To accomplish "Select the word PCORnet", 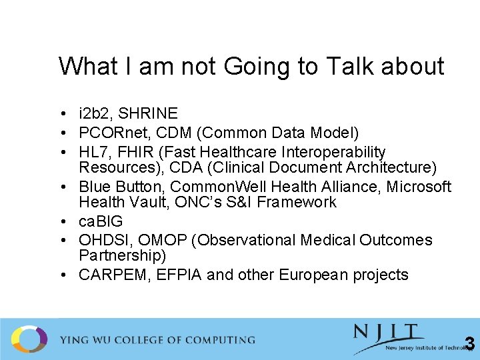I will point(113,133).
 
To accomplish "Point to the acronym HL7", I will point(95,153).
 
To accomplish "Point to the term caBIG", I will point(101,221).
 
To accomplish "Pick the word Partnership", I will point(122,255).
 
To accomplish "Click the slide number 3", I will point(469,343).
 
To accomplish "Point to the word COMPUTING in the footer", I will point(213,340).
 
